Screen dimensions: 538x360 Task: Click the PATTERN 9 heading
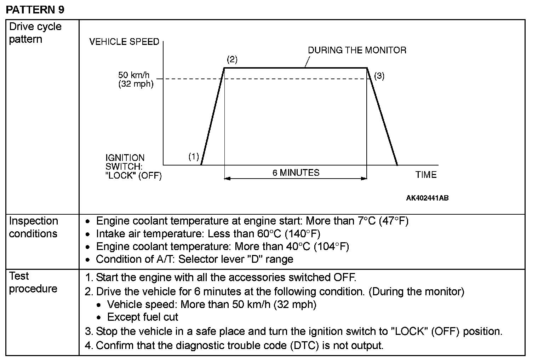35,10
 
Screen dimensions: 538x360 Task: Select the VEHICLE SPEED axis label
124,42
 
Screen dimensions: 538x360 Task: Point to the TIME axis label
426,175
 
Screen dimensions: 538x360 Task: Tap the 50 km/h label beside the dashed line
134,75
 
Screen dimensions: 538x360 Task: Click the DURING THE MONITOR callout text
357,50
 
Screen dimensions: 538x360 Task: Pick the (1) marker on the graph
194,157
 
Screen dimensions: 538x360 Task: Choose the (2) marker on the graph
232,59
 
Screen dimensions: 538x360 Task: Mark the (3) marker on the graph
379,76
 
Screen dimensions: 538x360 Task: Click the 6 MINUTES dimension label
296,173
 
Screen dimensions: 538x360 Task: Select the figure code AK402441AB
427,198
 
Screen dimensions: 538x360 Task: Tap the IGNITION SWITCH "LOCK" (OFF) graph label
133,167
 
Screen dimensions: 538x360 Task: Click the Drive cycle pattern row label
35,33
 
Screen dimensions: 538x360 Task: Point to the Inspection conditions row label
33,227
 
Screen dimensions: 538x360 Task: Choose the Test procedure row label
33,282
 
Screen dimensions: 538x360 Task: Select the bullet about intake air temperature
208,234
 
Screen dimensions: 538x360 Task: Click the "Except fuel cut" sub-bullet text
143,317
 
